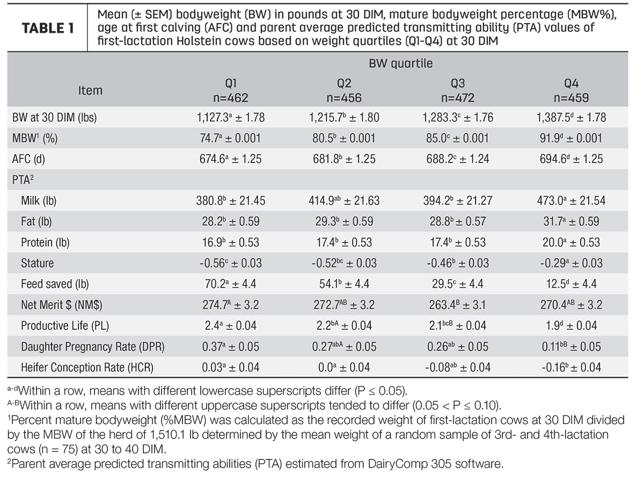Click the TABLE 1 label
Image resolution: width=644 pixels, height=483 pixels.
click(x=48, y=28)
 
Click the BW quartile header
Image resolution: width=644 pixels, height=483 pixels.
click(x=400, y=64)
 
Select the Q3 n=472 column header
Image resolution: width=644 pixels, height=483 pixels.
click(x=458, y=91)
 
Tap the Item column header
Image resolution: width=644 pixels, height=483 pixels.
click(x=90, y=91)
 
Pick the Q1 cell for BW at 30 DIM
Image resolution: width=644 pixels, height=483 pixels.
click(x=231, y=117)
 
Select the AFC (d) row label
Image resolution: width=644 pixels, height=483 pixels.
click(x=28, y=159)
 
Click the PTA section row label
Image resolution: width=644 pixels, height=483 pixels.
click(x=23, y=180)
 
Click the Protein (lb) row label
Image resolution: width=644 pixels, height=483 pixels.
click(x=45, y=242)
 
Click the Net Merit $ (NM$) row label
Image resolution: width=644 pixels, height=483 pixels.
click(x=62, y=305)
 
